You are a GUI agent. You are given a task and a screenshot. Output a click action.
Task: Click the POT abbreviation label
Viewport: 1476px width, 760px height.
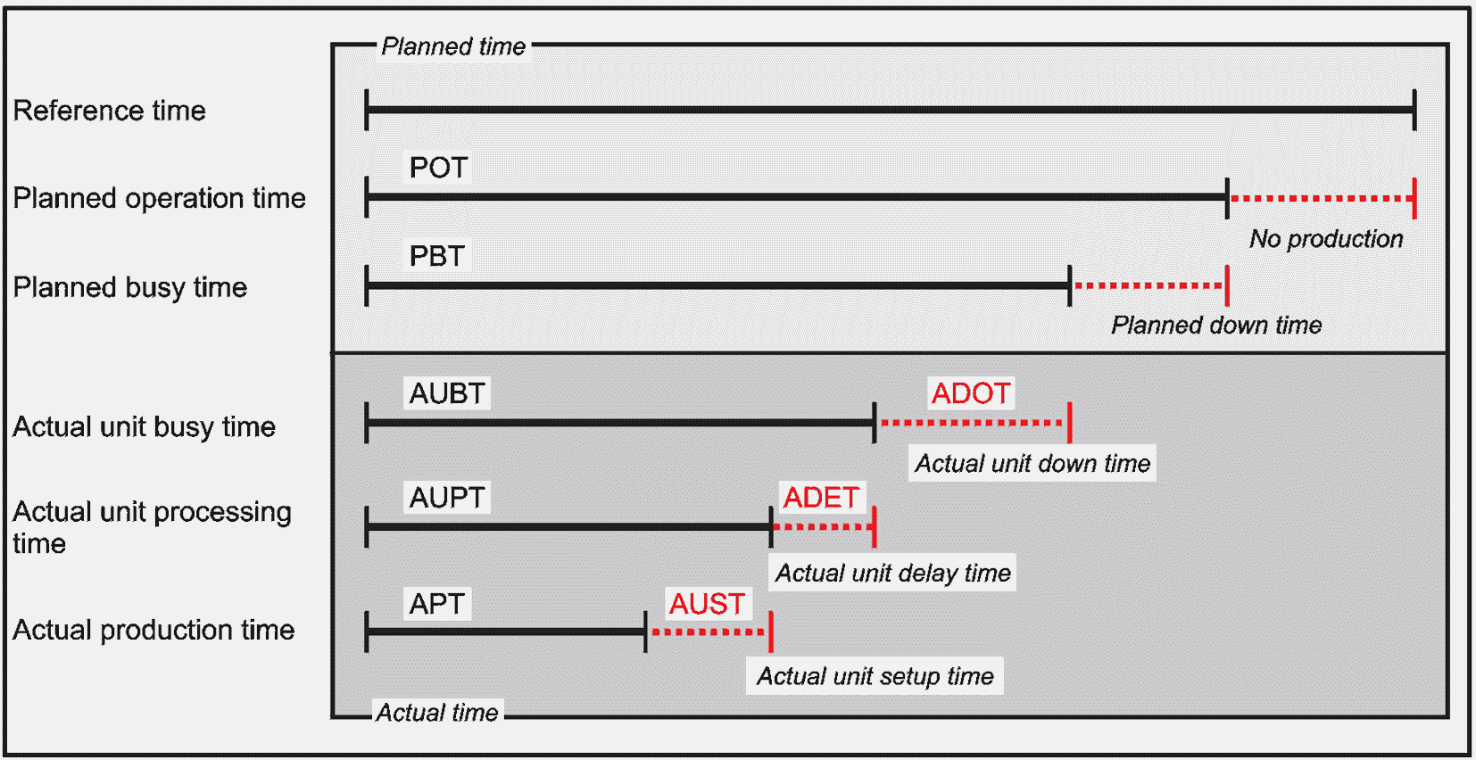tap(439, 168)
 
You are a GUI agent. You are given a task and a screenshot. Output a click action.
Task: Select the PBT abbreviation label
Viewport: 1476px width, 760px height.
tap(437, 256)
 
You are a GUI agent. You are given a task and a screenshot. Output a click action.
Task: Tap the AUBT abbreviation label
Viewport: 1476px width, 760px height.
tap(447, 394)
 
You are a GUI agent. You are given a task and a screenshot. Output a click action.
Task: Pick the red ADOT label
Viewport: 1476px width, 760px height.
tap(971, 394)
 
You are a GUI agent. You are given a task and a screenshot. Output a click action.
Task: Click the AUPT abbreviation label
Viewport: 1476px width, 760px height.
tap(447, 498)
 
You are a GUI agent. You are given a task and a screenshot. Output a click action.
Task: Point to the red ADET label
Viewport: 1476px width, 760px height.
tap(821, 498)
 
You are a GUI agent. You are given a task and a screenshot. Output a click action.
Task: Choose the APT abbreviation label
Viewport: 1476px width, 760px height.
tap(437, 604)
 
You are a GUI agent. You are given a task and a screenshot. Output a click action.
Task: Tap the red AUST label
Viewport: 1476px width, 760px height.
tap(707, 604)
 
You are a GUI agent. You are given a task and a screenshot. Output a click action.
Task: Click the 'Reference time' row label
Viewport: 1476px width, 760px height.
tap(110, 111)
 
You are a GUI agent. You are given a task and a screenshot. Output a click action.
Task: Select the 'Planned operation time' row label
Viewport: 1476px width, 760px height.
tap(160, 198)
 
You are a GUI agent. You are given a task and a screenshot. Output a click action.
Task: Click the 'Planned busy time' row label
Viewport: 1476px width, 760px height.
tap(129, 288)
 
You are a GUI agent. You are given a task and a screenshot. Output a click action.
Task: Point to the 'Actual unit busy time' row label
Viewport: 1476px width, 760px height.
tap(145, 427)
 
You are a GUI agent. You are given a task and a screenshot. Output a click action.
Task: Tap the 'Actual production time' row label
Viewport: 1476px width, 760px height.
tap(153, 631)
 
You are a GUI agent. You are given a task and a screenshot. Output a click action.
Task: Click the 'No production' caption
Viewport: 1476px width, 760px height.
tap(1326, 239)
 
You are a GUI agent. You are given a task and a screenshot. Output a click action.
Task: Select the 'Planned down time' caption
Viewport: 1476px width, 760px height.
tap(1216, 326)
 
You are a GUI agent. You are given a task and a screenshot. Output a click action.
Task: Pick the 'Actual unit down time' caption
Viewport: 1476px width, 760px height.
tap(1032, 464)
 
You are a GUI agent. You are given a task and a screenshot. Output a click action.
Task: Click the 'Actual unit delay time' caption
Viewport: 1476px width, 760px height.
tap(893, 573)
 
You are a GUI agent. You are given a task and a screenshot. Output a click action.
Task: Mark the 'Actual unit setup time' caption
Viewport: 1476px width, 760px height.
tap(875, 676)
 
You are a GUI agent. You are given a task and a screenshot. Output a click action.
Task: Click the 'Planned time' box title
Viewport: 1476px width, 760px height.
tap(453, 46)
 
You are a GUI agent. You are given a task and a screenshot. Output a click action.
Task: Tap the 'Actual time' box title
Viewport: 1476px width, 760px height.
tap(437, 713)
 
